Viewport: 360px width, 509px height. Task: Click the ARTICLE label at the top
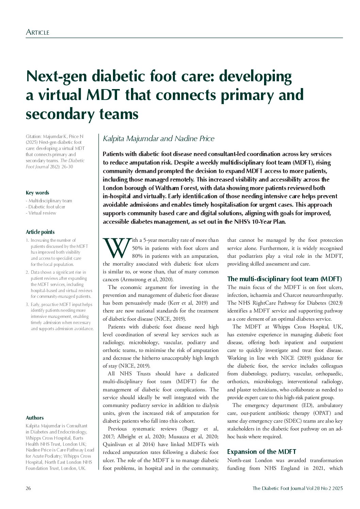click(37, 32)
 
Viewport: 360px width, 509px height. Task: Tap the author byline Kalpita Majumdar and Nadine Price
click(159, 138)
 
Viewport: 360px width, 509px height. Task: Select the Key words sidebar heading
click(37, 193)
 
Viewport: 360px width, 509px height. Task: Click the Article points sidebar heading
click(40, 232)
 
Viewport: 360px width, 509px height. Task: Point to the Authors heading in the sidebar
click(35, 418)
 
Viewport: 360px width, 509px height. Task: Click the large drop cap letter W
click(117, 248)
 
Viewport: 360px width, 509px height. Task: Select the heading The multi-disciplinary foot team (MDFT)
click(284, 279)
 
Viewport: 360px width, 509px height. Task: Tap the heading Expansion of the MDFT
click(261, 452)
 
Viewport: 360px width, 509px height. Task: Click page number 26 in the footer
click(28, 489)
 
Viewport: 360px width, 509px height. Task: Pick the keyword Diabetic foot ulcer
click(47, 207)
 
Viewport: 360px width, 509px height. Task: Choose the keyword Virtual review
click(42, 213)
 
